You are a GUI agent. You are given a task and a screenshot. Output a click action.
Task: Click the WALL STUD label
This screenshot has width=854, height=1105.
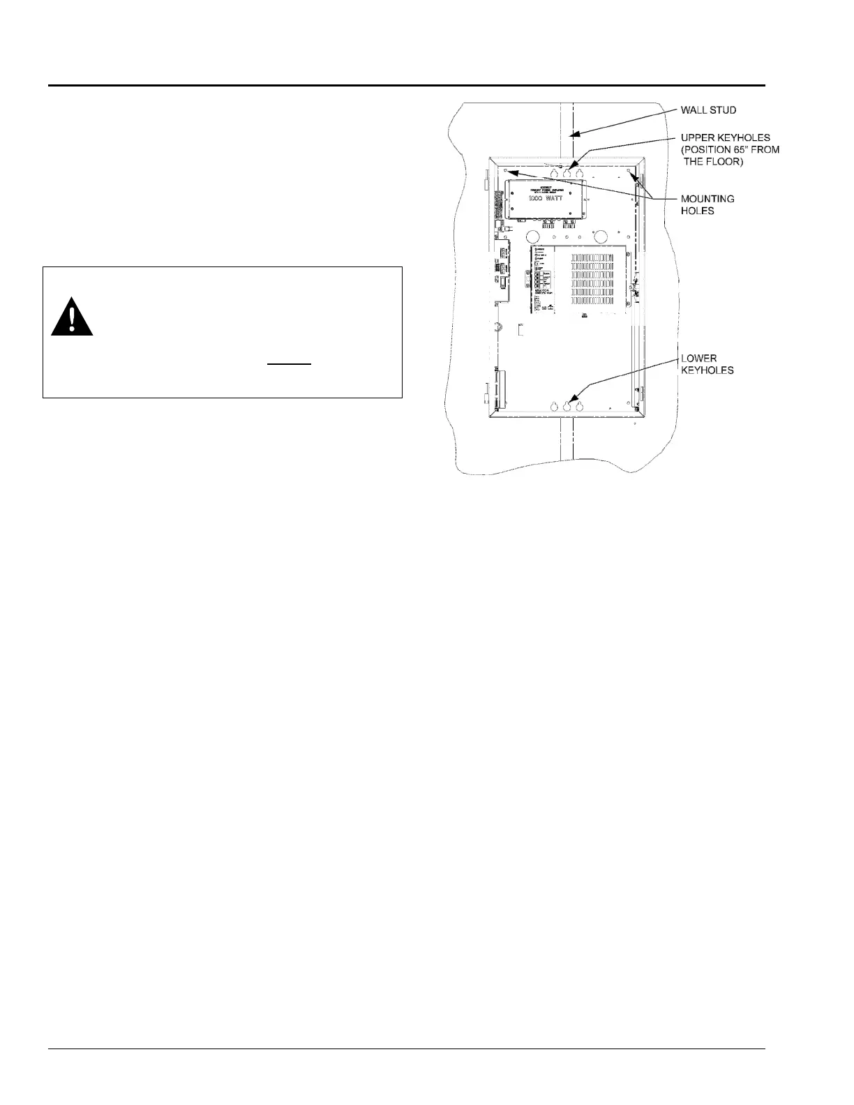pyautogui.click(x=708, y=110)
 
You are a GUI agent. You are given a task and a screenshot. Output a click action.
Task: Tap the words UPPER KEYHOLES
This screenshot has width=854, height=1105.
pyautogui.click(x=725, y=137)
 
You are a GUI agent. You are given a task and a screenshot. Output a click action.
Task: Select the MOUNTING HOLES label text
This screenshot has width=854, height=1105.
pyautogui.click(x=707, y=204)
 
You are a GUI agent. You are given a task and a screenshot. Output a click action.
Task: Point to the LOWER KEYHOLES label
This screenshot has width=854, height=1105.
pyautogui.click(x=707, y=364)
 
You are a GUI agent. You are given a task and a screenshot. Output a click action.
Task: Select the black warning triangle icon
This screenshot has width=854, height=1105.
pyautogui.click(x=72, y=317)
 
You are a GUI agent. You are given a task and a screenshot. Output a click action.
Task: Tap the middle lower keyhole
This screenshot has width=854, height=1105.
pyautogui.click(x=567, y=406)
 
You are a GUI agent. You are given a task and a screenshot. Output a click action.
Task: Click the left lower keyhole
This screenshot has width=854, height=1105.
pyautogui.click(x=554, y=406)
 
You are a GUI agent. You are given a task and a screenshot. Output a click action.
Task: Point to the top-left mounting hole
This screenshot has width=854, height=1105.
pyautogui.click(x=507, y=170)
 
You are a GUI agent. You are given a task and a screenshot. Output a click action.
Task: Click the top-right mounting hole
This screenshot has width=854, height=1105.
pyautogui.click(x=629, y=170)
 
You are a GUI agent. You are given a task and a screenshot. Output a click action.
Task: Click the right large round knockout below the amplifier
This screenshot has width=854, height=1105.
pyautogui.click(x=600, y=236)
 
